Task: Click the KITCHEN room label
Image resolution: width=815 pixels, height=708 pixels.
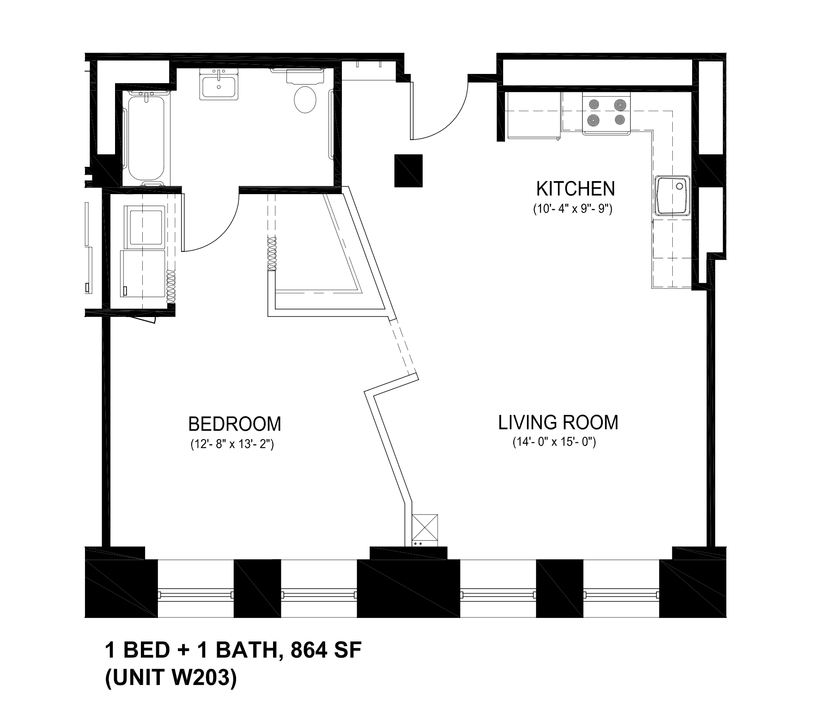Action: [x=575, y=189]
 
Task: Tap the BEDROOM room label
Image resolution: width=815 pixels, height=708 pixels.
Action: [x=234, y=424]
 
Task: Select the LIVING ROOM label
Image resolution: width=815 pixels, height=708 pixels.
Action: [x=558, y=422]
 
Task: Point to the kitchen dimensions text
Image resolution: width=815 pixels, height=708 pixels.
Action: [x=572, y=209]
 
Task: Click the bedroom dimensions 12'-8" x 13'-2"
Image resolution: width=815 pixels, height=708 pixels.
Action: [x=232, y=445]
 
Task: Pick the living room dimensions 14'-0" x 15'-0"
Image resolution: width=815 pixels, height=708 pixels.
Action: [x=554, y=442]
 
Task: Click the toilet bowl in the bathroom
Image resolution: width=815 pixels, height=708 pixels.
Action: [x=305, y=99]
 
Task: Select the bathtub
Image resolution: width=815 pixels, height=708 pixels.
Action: [x=146, y=138]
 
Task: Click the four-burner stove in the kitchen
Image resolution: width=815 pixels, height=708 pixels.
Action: [x=607, y=113]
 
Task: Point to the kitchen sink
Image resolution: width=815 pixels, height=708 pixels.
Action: [x=673, y=195]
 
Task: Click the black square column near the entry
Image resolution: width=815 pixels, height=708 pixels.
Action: [x=408, y=171]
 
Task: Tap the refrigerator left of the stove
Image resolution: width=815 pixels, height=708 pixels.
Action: [x=533, y=115]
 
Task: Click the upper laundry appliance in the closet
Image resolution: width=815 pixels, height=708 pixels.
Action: [x=146, y=226]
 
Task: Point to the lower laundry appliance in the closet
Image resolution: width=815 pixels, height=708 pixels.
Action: [x=143, y=274]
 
